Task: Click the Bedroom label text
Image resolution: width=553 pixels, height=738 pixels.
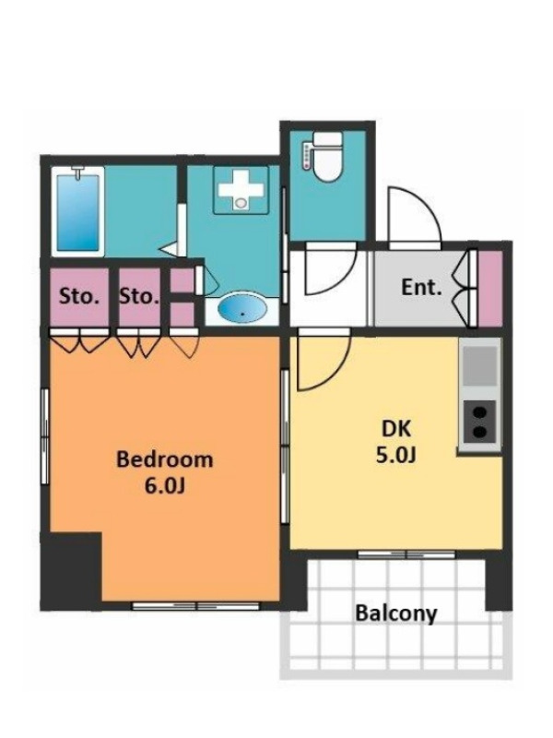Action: pos(165,458)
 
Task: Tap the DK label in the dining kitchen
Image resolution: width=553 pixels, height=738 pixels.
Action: pos(396,429)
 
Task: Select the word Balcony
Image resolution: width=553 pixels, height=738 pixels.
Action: pos(396,613)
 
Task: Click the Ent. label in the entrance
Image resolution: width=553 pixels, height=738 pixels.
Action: pos(421,287)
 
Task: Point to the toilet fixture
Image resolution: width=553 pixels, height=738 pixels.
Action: pos(327,156)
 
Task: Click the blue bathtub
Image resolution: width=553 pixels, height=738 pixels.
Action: pos(78,213)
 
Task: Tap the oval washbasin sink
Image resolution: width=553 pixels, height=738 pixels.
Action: pos(242,309)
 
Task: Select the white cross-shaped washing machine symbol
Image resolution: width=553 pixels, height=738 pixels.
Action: pos(241,189)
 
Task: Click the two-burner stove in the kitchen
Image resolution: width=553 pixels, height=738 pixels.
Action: pos(479,423)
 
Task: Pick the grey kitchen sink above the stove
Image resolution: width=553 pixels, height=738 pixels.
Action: pos(479,366)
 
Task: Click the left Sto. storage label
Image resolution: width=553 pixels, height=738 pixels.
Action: pos(79,296)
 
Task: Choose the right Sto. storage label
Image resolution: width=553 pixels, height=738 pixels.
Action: pos(139,296)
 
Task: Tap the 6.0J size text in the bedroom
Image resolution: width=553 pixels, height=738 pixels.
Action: pos(165,487)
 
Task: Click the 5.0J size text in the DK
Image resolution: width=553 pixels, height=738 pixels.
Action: pos(396,455)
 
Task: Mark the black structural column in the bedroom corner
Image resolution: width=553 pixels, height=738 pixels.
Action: pos(72,570)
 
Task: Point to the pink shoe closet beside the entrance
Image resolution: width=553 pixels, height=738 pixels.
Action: pos(490,288)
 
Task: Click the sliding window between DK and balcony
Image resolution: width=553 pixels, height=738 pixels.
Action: pos(406,554)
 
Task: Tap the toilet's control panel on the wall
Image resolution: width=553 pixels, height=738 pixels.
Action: pos(308,155)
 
